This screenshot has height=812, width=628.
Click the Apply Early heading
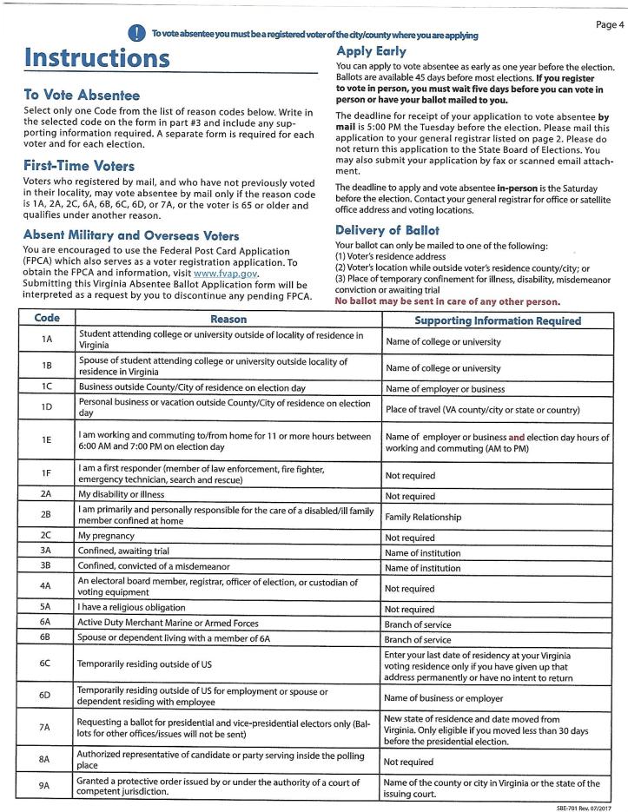tap(371, 52)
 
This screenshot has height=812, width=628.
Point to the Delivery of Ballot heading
tap(387, 230)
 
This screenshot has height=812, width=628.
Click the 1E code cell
tap(46, 440)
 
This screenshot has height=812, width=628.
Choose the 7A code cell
tap(46, 727)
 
